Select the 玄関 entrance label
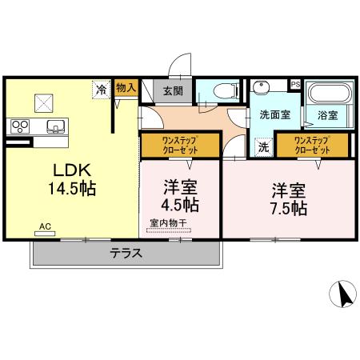pos(172,91)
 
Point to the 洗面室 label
pos(274,114)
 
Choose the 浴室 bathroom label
pos(326,115)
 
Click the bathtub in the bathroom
pos(327,93)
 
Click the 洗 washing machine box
pos(262,147)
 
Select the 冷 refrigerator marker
pos(101,90)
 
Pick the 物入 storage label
pos(126,87)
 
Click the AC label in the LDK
pos(45,227)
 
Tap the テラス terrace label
pos(126,254)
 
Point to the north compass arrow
pos(346,296)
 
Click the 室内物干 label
pos(168,222)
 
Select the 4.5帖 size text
pos(182,203)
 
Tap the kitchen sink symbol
pos(56,125)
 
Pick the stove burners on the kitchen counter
pos(19,126)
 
